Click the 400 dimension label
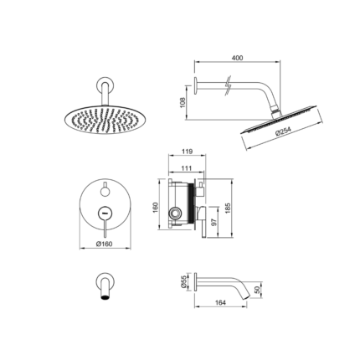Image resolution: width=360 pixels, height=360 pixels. (x=237, y=58)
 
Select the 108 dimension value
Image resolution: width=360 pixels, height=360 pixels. (x=183, y=103)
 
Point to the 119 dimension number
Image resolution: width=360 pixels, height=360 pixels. (x=187, y=152)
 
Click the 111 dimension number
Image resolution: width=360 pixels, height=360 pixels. (x=187, y=168)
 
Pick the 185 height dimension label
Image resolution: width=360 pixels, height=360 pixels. (x=228, y=208)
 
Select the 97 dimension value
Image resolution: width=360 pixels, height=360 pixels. (x=214, y=223)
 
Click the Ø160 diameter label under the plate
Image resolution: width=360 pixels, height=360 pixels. (x=104, y=244)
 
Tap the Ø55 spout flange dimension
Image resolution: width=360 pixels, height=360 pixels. (x=183, y=282)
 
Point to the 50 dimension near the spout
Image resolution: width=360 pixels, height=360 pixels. (x=257, y=290)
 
